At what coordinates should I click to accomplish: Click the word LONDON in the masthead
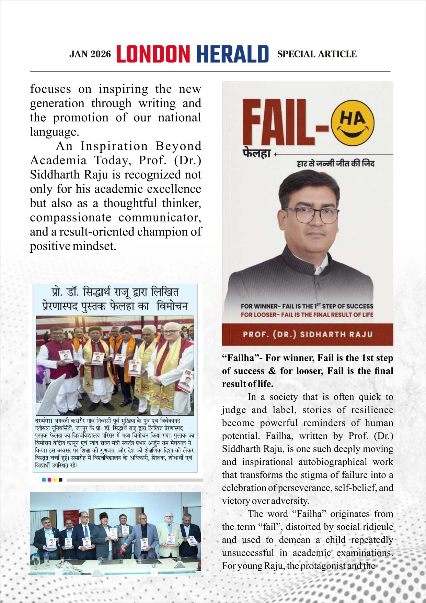(153, 54)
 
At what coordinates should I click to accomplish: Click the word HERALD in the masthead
(232, 54)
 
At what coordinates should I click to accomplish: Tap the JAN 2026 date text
(90, 54)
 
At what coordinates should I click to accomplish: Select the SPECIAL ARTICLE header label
(316, 54)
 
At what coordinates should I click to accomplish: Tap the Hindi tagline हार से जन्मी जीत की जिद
(335, 163)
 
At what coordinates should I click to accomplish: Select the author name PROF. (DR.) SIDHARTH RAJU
(308, 334)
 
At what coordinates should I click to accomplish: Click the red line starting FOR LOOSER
(307, 315)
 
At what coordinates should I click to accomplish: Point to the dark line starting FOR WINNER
(307, 306)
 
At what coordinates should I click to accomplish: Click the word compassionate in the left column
(70, 218)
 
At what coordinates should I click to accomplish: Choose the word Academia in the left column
(58, 161)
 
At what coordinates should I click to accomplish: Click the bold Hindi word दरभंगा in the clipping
(44, 420)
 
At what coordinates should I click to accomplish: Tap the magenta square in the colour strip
(49, 480)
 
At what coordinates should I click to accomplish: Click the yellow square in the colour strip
(55, 480)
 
